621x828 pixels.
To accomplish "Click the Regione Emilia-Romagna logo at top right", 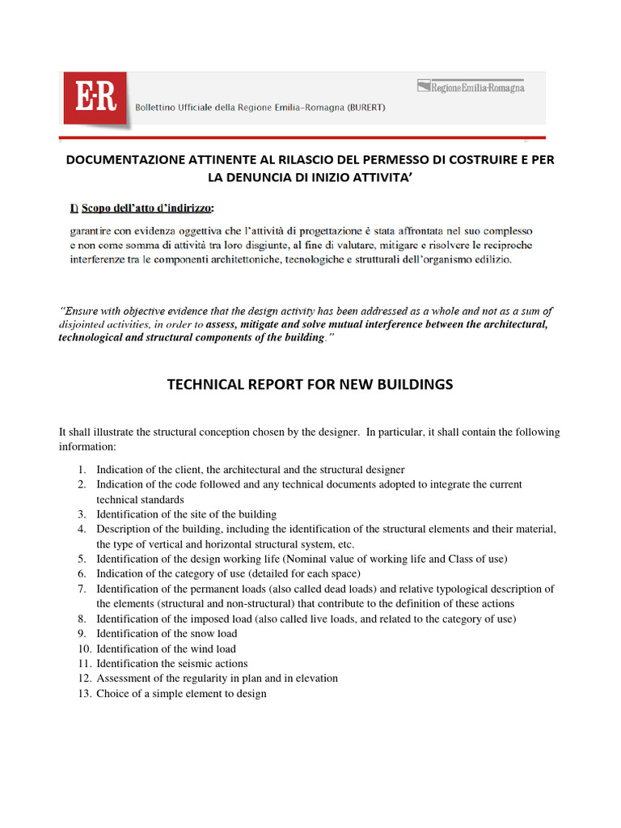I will click(x=471, y=87).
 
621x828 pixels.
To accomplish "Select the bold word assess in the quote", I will click(x=222, y=325).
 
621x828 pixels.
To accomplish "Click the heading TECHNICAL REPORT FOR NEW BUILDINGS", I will click(x=310, y=385).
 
